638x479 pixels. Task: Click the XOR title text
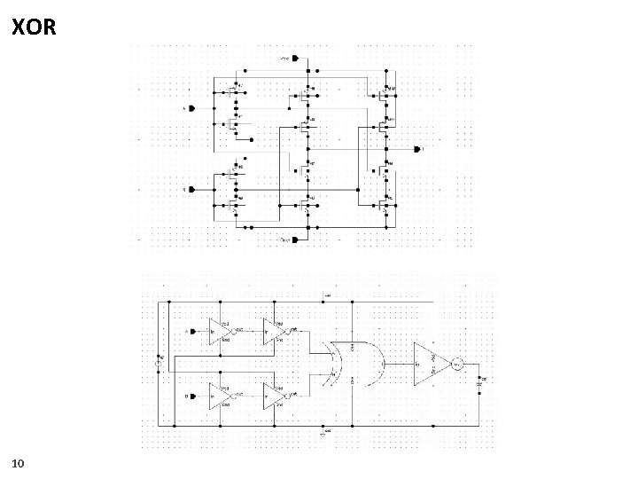coord(35,27)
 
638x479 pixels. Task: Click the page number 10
coord(19,463)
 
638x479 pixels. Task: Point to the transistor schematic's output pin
coord(416,149)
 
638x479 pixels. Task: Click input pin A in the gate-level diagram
coord(192,332)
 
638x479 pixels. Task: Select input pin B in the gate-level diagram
coord(192,396)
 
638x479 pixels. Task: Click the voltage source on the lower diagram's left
coord(160,363)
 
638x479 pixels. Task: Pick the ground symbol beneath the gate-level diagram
coord(323,434)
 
